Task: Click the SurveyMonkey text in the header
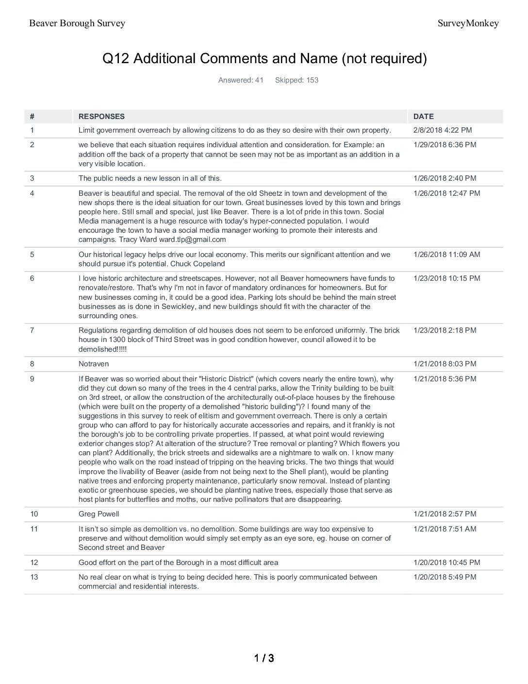(x=468, y=23)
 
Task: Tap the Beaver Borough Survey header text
(x=77, y=23)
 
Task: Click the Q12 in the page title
(x=115, y=59)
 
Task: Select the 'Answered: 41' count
(x=241, y=80)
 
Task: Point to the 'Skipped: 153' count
(x=297, y=80)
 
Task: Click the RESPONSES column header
(x=101, y=117)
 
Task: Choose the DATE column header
(x=423, y=117)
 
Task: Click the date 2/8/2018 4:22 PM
(x=442, y=130)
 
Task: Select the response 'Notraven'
(x=94, y=364)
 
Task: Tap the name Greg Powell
(x=99, y=514)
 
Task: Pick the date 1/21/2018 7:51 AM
(x=445, y=529)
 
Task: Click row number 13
(x=34, y=577)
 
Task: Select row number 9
(x=32, y=379)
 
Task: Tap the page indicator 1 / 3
(x=264, y=658)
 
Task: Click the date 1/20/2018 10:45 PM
(x=446, y=563)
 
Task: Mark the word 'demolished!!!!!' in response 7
(x=102, y=349)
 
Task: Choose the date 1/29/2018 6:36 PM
(x=445, y=145)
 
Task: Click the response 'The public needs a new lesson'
(x=150, y=178)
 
